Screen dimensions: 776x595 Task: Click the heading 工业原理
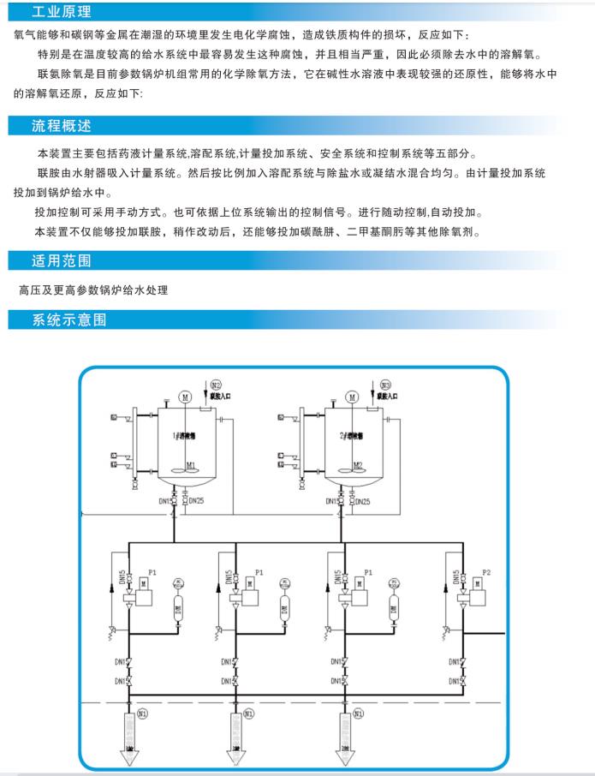[61, 12]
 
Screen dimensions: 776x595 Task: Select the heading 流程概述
[61, 126]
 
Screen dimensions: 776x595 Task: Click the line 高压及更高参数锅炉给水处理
[92, 290]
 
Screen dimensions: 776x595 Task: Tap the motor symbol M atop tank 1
[184, 396]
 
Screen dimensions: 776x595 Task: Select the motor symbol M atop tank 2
[352, 396]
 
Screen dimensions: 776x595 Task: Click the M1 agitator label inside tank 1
[191, 465]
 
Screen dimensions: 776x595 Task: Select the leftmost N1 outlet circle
[142, 713]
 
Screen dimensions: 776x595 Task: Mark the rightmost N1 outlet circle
[356, 713]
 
